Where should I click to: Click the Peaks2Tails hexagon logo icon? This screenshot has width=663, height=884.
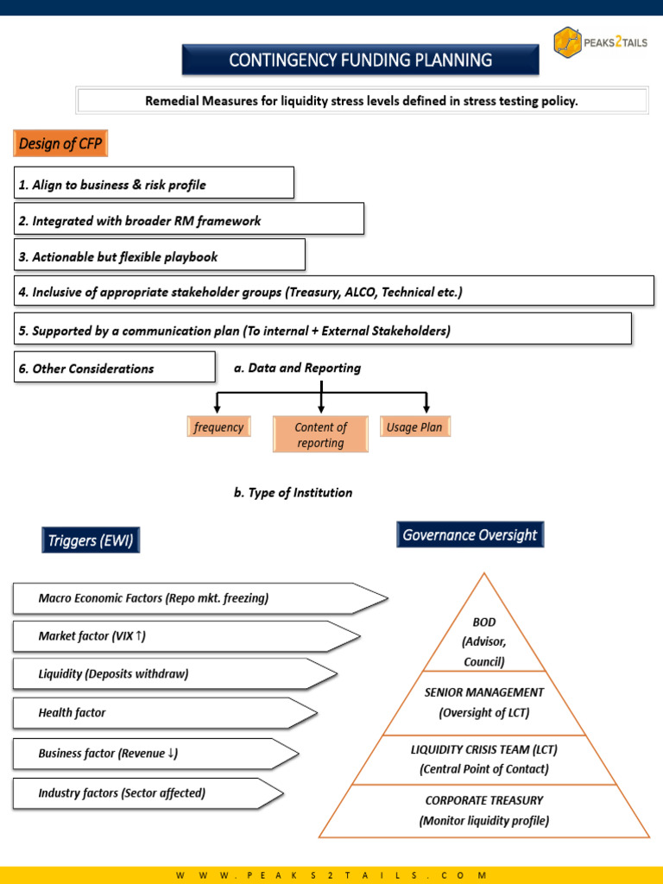(567, 42)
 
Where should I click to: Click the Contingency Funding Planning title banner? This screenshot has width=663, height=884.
(360, 60)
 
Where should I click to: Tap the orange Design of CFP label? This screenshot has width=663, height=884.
(60, 143)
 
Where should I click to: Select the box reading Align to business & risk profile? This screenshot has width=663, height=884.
(154, 183)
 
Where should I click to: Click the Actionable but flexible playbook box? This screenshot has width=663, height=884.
(160, 255)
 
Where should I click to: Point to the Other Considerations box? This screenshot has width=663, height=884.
(115, 367)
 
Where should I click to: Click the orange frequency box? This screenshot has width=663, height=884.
(218, 426)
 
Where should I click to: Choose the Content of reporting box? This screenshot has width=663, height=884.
(320, 434)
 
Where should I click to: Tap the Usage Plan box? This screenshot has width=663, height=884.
(415, 426)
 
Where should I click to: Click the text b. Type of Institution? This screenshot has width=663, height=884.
(294, 492)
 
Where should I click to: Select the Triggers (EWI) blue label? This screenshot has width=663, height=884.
(90, 540)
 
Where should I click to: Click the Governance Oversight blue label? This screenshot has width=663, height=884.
(470, 534)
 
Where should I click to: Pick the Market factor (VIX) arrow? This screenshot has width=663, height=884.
(186, 636)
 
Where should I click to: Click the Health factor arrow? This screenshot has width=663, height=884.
(165, 712)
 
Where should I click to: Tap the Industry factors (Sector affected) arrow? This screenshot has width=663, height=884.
(148, 793)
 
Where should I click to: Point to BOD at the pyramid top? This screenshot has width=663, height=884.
(484, 622)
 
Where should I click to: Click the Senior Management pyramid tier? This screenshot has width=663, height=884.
(484, 703)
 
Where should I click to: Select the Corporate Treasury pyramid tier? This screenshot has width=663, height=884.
(484, 811)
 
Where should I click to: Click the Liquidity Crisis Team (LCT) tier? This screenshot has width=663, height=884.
(484, 760)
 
